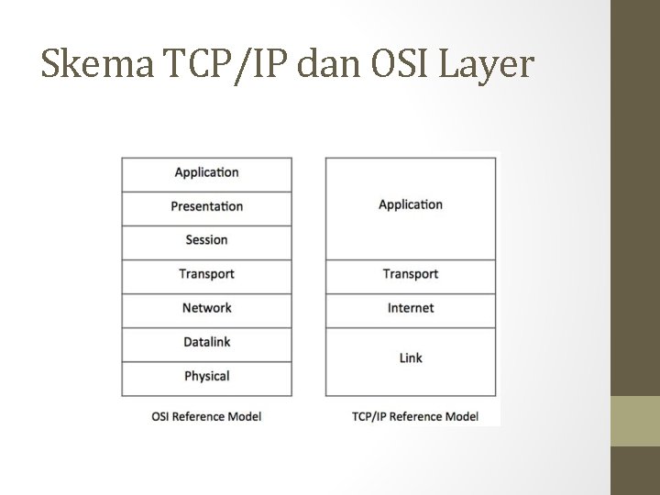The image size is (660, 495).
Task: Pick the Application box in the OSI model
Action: [206, 172]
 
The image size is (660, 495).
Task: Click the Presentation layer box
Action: [206, 206]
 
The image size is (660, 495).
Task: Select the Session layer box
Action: [206, 240]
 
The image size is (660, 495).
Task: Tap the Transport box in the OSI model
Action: [206, 274]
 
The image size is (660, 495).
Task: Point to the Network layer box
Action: [206, 308]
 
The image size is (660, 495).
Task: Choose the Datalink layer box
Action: [206, 342]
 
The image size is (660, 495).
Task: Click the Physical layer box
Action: [206, 376]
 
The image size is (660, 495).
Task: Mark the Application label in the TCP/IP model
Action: [411, 204]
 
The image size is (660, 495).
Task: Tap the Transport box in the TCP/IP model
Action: [411, 274]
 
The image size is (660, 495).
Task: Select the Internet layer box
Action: [411, 308]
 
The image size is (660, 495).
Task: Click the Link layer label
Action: [411, 357]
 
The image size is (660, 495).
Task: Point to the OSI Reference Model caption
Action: [206, 416]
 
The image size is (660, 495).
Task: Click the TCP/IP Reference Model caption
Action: [414, 416]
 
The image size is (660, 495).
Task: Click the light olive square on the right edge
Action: [635, 421]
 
